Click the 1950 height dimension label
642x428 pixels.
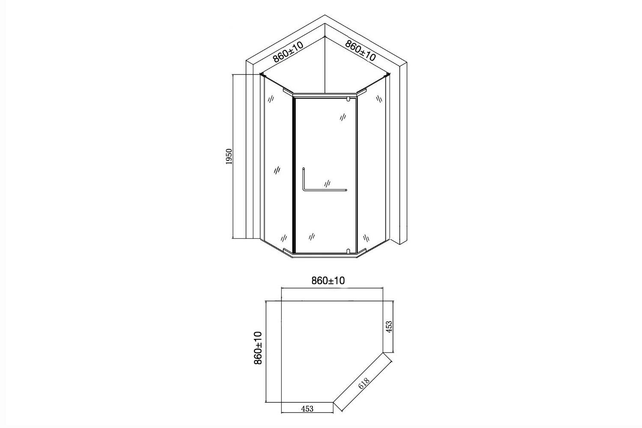[229, 157]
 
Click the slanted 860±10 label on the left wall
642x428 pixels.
[288, 52]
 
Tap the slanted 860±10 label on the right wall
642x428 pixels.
[360, 51]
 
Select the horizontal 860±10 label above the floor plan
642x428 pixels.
[328, 281]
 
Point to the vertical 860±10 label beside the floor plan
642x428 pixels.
[258, 348]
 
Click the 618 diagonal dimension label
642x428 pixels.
[364, 383]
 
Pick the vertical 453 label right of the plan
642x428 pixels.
[389, 327]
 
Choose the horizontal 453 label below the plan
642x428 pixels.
[307, 408]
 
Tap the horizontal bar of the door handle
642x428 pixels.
[325, 190]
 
